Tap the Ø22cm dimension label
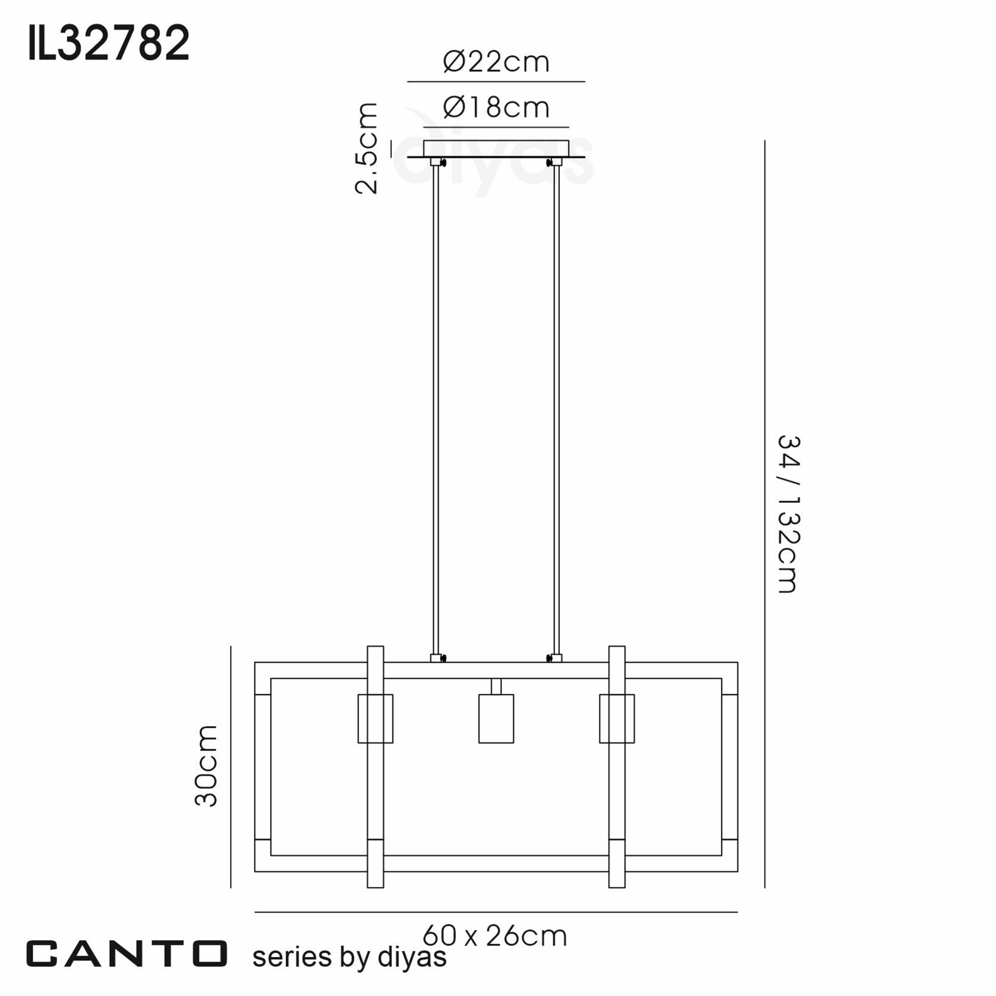coord(496,62)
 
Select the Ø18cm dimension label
coord(496,108)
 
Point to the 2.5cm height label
coord(367,148)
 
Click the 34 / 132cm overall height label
coord(788,514)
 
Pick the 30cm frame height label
coord(206,765)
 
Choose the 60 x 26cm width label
coord(495,936)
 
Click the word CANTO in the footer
coord(127,954)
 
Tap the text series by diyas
coord(349,957)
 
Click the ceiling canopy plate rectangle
coord(496,148)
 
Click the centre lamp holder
coord(496,719)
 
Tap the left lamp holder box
coord(375,719)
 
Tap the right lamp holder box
coord(617,719)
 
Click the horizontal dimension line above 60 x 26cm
coord(496,912)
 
